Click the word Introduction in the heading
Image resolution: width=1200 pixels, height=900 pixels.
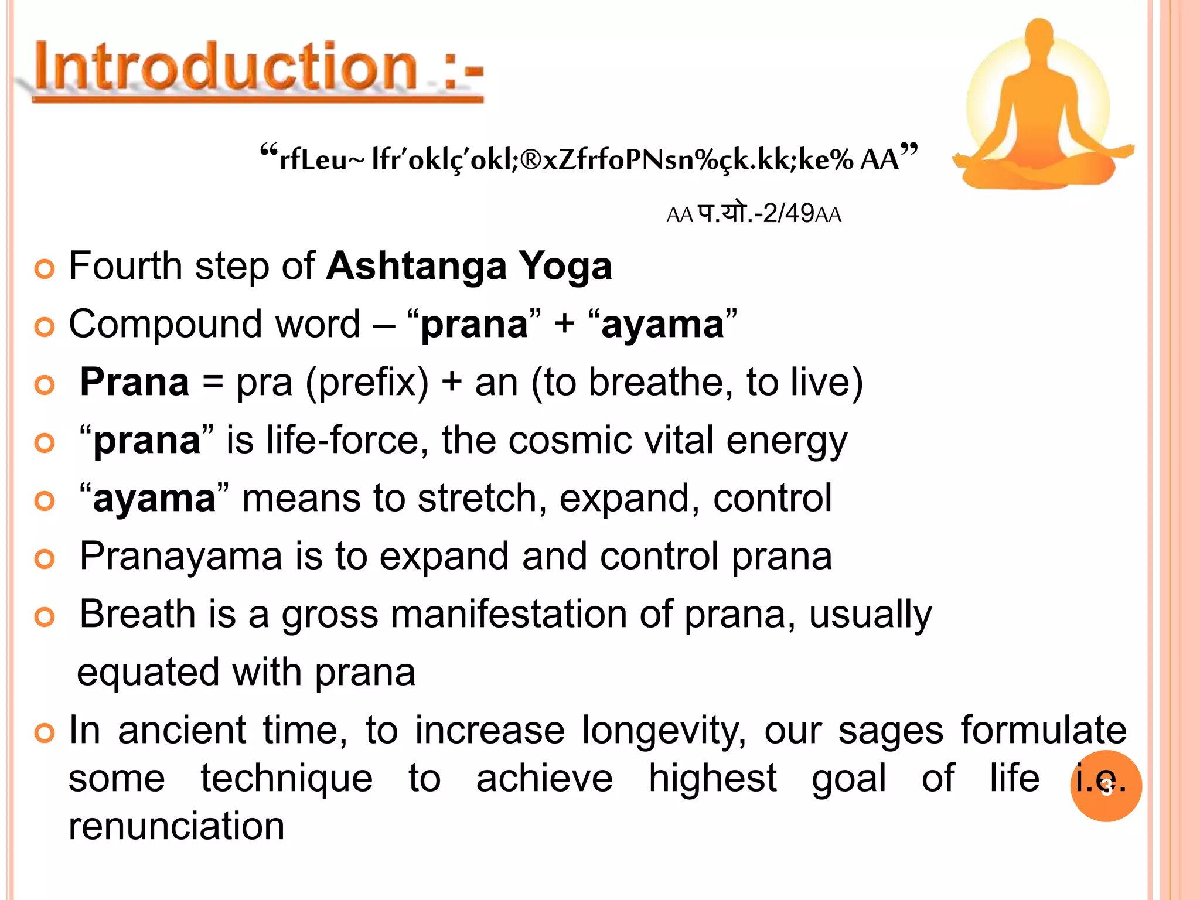[x=226, y=67]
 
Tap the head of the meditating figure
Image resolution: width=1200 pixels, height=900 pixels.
[x=1040, y=35]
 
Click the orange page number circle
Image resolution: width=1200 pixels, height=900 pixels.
[x=1106, y=786]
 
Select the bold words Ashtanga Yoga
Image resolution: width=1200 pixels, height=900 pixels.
[x=469, y=267]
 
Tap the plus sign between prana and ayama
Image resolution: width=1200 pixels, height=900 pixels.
[x=564, y=324]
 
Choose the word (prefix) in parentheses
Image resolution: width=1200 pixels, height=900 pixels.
[x=367, y=383]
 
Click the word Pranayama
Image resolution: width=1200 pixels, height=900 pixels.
[x=180, y=557]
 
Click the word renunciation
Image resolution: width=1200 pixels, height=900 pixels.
[x=176, y=826]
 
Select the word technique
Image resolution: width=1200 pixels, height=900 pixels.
[x=287, y=779]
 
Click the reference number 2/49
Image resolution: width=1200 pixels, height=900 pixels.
[x=789, y=213]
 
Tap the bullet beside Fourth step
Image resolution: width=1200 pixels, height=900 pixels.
[x=45, y=269]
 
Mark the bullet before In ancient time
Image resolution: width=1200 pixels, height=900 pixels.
[x=45, y=733]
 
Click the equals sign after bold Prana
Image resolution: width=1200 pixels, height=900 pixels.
[x=212, y=383]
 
